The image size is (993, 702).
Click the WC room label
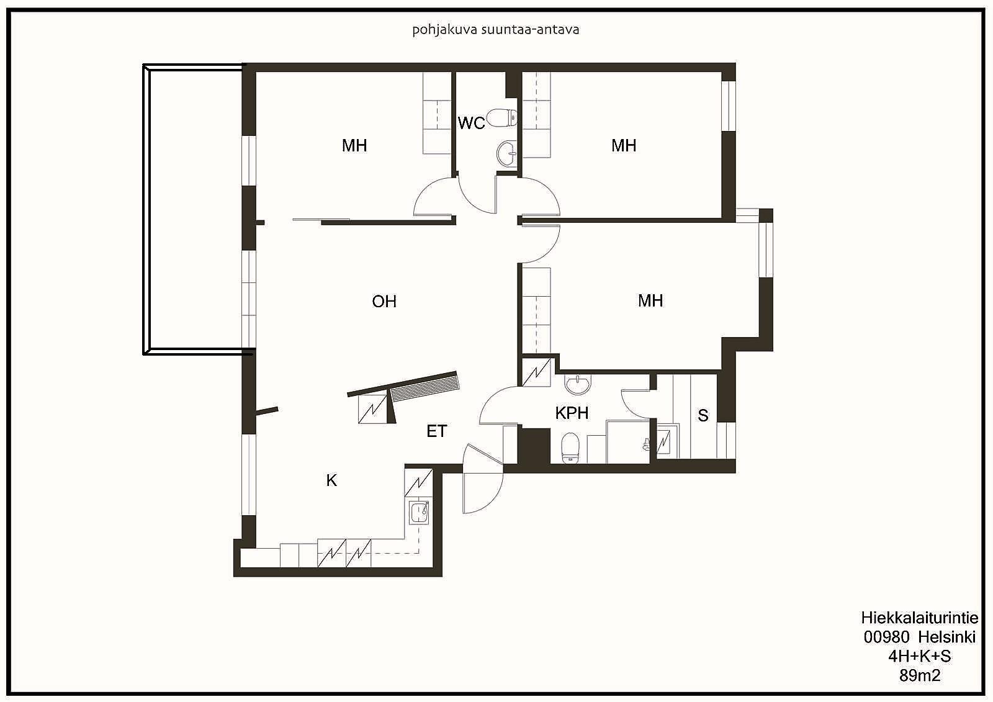pyautogui.click(x=471, y=123)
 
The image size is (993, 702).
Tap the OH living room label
pyautogui.click(x=384, y=302)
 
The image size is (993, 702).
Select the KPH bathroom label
pyautogui.click(x=572, y=413)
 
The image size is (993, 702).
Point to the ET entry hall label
pyautogui.click(x=437, y=431)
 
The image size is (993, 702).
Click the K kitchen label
pyautogui.click(x=331, y=480)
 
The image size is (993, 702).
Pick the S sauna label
pyautogui.click(x=703, y=415)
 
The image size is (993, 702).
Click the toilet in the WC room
pyautogui.click(x=502, y=119)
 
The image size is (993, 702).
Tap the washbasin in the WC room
pyautogui.click(x=508, y=153)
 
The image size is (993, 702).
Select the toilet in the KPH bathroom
pyautogui.click(x=570, y=448)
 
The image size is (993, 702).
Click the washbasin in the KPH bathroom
pyautogui.click(x=578, y=384)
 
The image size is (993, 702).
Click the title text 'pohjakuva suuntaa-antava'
pyautogui.click(x=496, y=30)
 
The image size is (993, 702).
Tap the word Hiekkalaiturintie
pyautogui.click(x=919, y=618)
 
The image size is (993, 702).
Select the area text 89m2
pyautogui.click(x=920, y=675)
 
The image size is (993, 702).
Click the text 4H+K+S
pyautogui.click(x=919, y=656)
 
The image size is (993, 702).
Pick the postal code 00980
pyautogui.click(x=887, y=637)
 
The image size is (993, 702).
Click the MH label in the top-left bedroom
pyautogui.click(x=354, y=145)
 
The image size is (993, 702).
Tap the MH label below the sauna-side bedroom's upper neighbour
pyautogui.click(x=650, y=300)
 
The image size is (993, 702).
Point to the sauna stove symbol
pyautogui.click(x=667, y=441)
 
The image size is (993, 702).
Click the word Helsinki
pyautogui.click(x=947, y=637)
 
